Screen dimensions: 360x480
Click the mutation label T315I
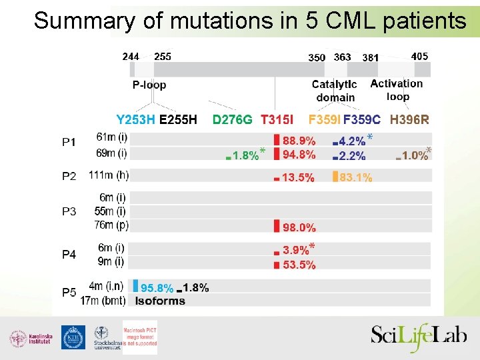(x=277, y=120)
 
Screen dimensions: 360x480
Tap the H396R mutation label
(x=409, y=120)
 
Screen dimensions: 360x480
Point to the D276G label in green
(x=232, y=120)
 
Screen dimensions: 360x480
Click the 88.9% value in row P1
(x=299, y=141)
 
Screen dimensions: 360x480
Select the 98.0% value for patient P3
(x=299, y=227)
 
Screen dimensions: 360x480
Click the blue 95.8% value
(x=157, y=288)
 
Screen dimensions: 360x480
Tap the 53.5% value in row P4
(x=299, y=265)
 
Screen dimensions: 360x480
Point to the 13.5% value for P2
(x=298, y=178)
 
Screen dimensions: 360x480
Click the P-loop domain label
(x=149, y=85)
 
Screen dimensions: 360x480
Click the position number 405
(x=420, y=57)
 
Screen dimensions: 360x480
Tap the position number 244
(x=131, y=57)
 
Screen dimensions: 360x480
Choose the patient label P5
(x=69, y=292)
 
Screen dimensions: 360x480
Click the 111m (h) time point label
(x=109, y=175)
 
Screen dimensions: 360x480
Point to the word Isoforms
(x=160, y=301)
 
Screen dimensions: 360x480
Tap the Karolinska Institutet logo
(x=29, y=338)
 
